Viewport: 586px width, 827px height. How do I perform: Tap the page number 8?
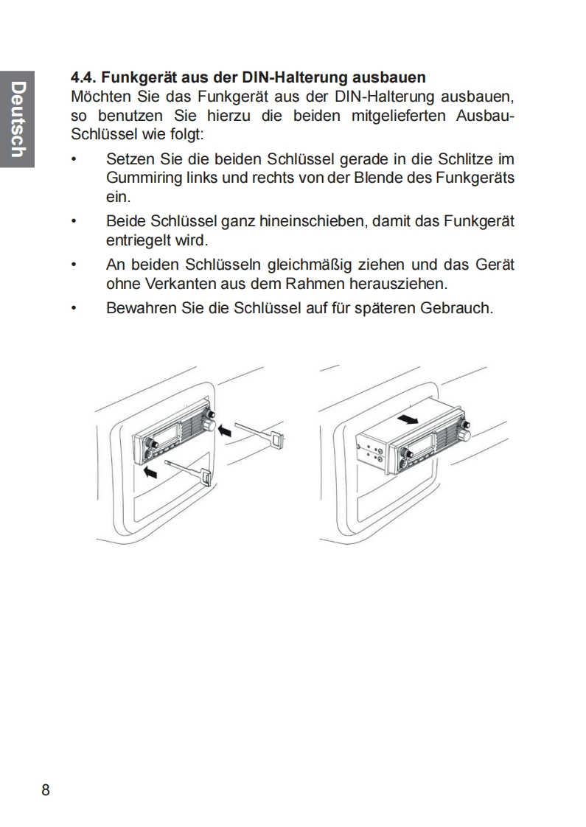(x=46, y=790)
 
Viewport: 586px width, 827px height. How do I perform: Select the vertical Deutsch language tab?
(x=18, y=119)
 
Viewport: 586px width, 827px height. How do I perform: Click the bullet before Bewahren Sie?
(x=74, y=308)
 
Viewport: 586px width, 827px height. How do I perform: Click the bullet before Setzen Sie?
(x=74, y=159)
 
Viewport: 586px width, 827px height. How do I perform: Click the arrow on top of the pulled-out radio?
(x=408, y=419)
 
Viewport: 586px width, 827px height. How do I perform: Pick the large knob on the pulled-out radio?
(x=464, y=435)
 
